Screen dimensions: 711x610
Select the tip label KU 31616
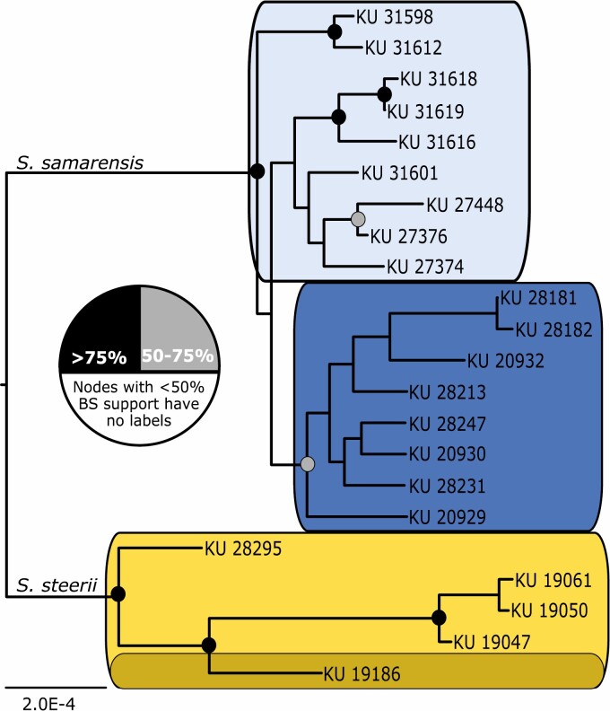[436, 141]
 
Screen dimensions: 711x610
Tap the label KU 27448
[464, 205]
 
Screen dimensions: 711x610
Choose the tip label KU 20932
[506, 360]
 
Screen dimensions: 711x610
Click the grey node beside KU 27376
[359, 219]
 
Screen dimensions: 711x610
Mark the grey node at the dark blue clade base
[308, 463]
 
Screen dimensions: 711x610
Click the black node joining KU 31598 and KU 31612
[334, 32]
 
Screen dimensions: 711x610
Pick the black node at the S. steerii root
[118, 593]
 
